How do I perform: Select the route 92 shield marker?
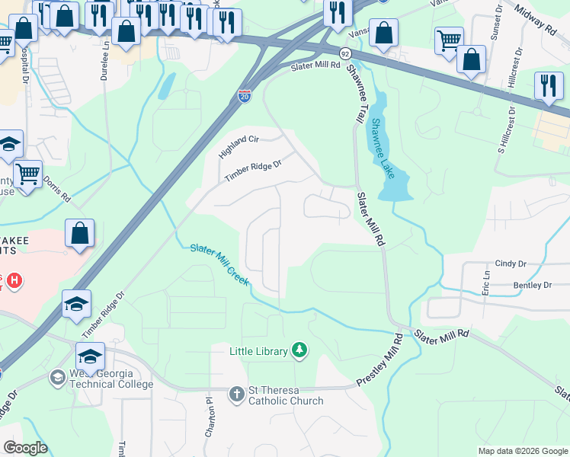[345, 54]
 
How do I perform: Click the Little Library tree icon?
[301, 350]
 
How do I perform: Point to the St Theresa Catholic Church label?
[285, 396]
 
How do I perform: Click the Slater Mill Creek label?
[219, 264]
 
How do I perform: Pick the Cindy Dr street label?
[511, 264]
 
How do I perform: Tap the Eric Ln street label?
[485, 282]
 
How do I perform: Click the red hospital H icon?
[13, 280]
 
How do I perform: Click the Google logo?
[25, 448]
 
